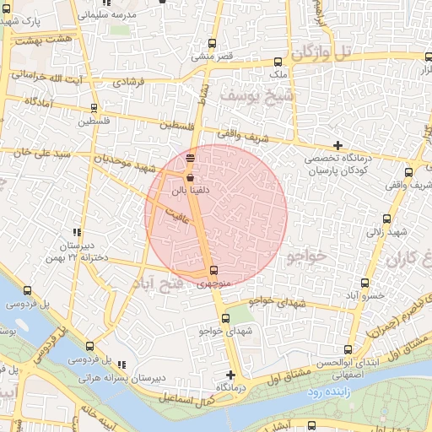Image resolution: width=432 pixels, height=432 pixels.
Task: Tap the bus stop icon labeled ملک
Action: pos(278,62)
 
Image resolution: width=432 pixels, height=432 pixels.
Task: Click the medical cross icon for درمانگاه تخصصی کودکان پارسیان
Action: pos(338,146)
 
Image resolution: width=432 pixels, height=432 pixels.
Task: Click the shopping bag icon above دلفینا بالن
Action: pos(189,178)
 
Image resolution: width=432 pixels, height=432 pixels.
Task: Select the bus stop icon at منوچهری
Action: pos(213,271)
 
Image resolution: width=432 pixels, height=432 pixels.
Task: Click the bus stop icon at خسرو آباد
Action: pos(364,283)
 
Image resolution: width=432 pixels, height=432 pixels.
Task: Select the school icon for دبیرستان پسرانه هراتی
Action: pos(122,365)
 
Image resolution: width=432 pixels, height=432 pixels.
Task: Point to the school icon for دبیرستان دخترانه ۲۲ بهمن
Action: pos(77,232)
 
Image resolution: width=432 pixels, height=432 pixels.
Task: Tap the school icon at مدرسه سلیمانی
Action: pos(162,3)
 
